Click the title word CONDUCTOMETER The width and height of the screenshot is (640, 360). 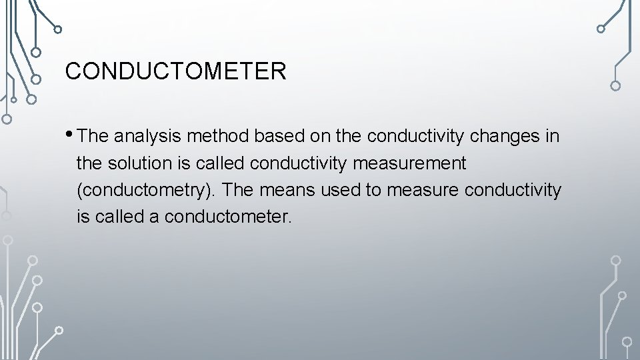[x=175, y=71]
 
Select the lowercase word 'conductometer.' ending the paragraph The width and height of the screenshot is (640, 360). [x=229, y=217]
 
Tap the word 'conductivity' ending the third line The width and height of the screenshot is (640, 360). [x=513, y=190]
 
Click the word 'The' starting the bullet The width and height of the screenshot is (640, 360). [x=93, y=137]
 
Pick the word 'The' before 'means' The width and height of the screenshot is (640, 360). [x=238, y=190]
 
